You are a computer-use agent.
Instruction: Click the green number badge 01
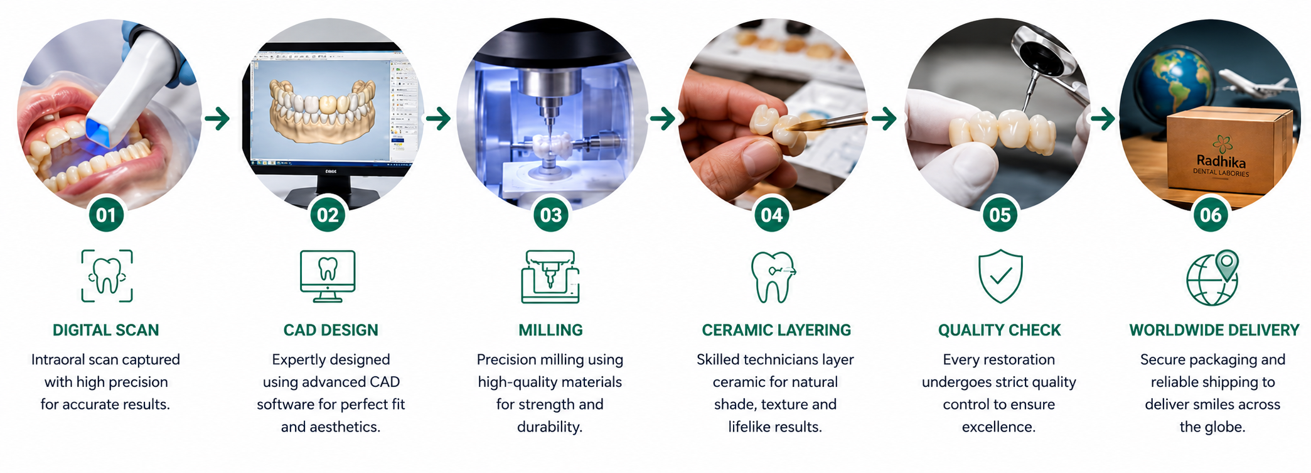106,215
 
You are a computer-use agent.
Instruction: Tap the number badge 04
771,215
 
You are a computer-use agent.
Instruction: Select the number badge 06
1211,215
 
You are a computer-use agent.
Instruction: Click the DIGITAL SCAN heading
106,330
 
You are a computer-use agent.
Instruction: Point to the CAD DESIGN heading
331,330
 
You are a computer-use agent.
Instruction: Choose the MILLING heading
550,330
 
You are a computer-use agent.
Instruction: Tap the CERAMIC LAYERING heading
776,330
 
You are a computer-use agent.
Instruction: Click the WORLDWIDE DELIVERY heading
1214,330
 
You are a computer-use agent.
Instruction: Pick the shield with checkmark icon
1000,276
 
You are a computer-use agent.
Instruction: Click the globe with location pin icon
1212,278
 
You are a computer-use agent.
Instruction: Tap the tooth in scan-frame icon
107,276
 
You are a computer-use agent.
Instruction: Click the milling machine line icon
550,277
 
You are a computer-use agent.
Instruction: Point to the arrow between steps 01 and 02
217,118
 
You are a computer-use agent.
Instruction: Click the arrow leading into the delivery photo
1103,118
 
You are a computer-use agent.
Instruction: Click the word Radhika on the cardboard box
1221,161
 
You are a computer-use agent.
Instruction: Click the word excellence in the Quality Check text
999,427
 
